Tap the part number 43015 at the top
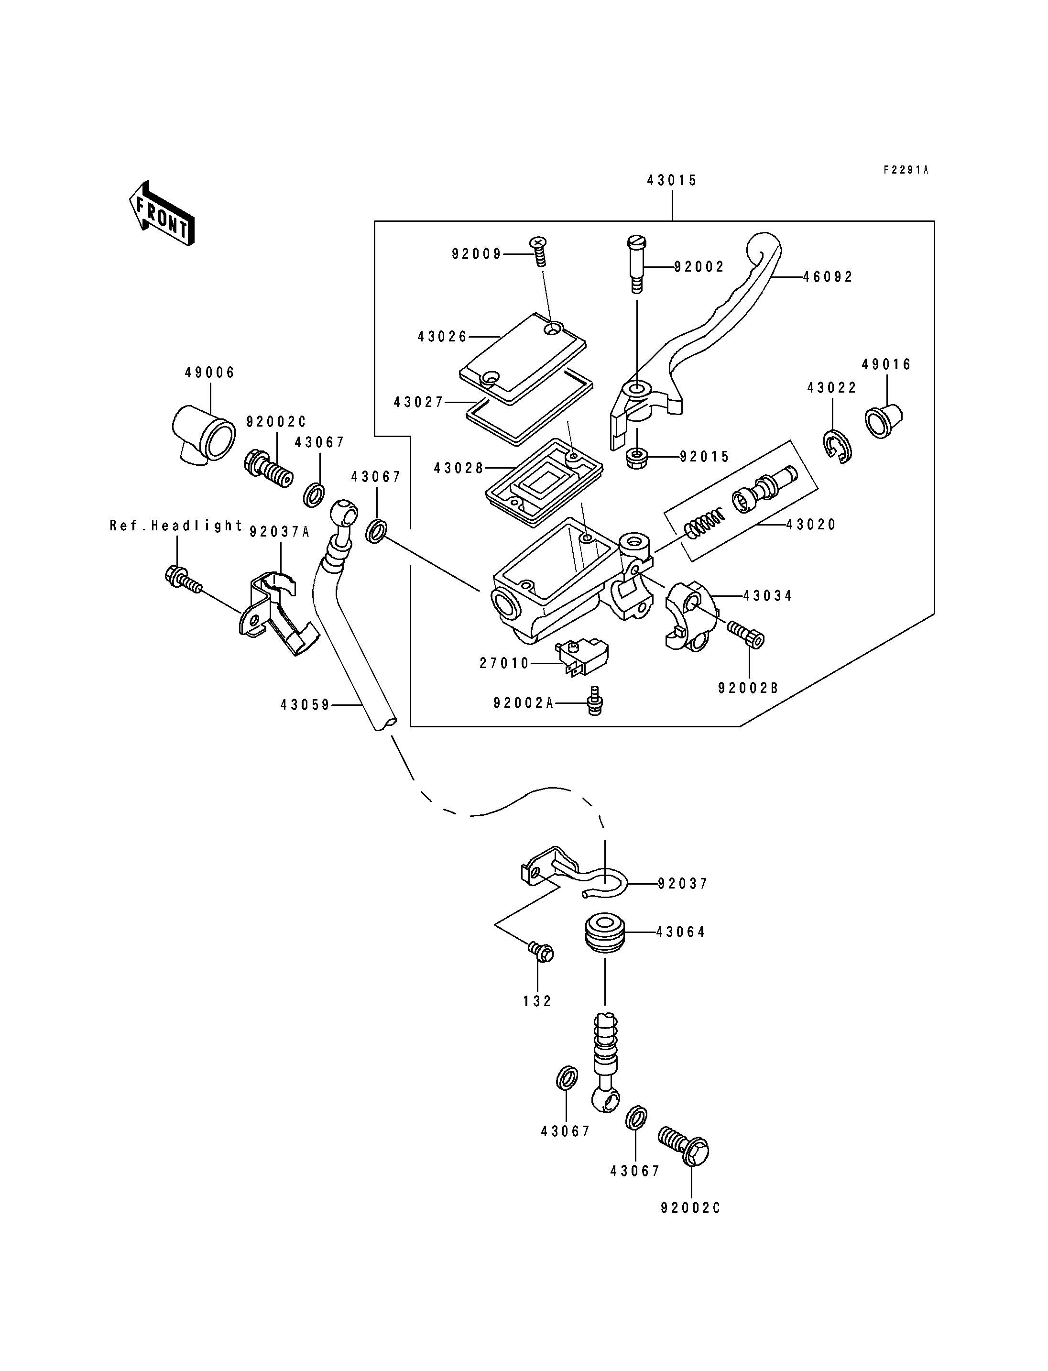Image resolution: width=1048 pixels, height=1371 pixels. click(672, 180)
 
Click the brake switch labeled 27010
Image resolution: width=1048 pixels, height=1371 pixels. click(581, 657)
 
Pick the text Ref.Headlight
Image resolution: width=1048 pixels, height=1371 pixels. click(176, 526)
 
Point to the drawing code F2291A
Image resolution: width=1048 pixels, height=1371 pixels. click(905, 170)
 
